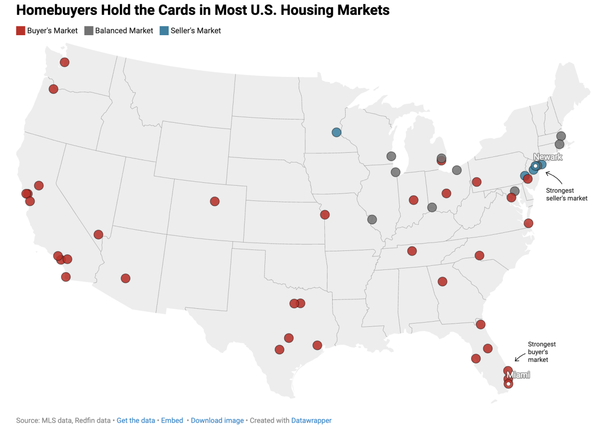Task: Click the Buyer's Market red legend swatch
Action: tap(20, 31)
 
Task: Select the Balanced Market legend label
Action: tap(124, 31)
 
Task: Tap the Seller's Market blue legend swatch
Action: tap(164, 31)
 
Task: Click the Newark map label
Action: tap(548, 157)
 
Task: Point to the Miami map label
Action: tap(518, 375)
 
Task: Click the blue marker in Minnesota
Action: tap(336, 132)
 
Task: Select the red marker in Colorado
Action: tap(214, 201)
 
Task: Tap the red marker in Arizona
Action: tap(125, 278)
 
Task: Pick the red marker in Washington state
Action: tap(64, 62)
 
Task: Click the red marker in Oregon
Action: tap(53, 89)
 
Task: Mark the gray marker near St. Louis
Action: tap(372, 219)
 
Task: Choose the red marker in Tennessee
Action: tap(411, 251)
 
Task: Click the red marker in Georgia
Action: tap(442, 281)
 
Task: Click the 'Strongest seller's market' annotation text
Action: tap(566, 194)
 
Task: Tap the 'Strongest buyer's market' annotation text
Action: tap(541, 352)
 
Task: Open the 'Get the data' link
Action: tap(136, 420)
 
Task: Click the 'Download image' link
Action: tap(217, 420)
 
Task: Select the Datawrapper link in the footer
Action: tap(311, 420)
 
